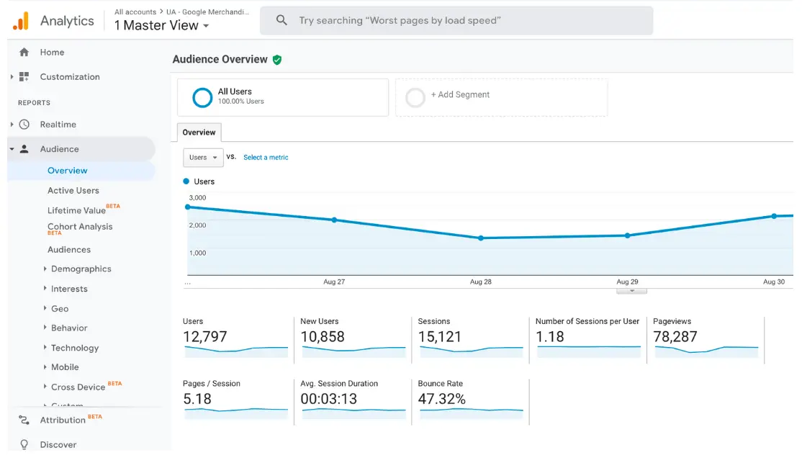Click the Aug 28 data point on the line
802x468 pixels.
coord(481,238)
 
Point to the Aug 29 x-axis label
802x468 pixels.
coord(627,282)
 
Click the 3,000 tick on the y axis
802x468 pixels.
coord(197,198)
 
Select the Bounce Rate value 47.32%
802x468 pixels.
coord(442,399)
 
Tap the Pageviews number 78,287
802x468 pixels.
coord(675,336)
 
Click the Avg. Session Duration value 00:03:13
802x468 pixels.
coord(329,399)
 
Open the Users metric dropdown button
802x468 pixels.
coord(203,158)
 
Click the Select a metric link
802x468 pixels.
coord(266,158)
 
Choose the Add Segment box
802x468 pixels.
coord(501,97)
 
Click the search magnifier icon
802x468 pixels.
coord(281,21)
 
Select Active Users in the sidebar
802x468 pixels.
coord(73,191)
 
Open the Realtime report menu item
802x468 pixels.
coord(58,125)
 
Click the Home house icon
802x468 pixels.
coord(24,53)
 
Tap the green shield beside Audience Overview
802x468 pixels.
coord(277,60)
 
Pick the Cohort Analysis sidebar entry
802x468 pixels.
coord(80,227)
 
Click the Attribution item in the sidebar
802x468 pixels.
coord(63,420)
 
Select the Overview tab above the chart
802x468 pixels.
coord(199,132)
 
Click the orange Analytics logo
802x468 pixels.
coord(21,21)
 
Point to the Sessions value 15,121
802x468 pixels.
coord(440,336)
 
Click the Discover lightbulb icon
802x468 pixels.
coord(24,445)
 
